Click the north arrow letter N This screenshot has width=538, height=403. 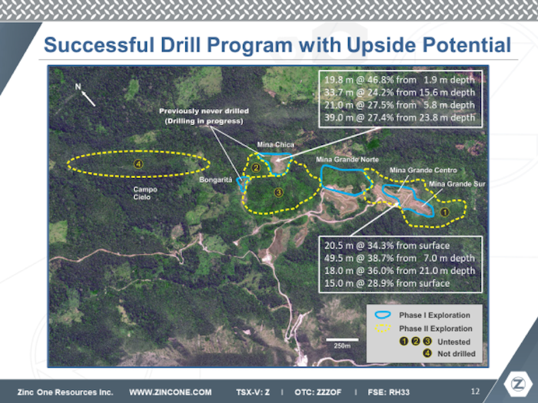[x=78, y=87]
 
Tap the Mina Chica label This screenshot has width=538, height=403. [x=275, y=144]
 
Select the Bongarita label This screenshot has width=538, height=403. [x=215, y=180]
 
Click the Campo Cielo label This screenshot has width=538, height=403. [x=144, y=193]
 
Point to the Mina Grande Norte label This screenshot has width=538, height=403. [x=347, y=160]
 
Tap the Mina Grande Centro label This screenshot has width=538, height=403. [x=423, y=170]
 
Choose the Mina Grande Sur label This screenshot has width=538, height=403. [x=457, y=184]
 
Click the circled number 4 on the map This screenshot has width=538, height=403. [x=138, y=164]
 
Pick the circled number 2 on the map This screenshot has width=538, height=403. [x=256, y=168]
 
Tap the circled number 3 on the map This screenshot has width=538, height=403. [x=278, y=192]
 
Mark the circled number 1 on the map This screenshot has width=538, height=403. [x=445, y=213]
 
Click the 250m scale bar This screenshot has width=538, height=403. [x=342, y=339]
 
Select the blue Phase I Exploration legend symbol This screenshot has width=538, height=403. [x=383, y=315]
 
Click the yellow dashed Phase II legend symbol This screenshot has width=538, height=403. [x=383, y=328]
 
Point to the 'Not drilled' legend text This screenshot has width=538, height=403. [x=457, y=354]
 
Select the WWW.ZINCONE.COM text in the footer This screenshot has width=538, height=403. [x=170, y=392]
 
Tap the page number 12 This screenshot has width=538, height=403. [x=475, y=391]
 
